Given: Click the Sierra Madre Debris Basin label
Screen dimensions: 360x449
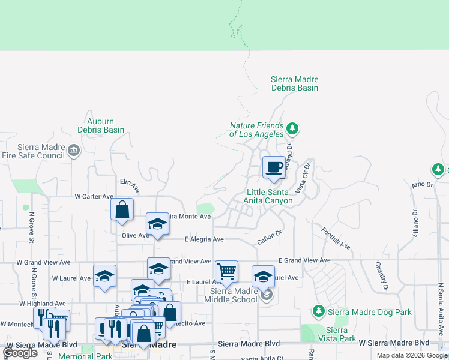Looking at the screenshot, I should (294, 83).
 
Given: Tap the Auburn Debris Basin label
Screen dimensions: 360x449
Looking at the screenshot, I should (101, 125).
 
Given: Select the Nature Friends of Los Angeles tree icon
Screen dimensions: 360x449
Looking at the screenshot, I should (292, 128).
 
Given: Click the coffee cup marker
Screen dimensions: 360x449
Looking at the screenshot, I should (274, 167).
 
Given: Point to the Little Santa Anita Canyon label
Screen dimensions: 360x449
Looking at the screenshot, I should (270, 196).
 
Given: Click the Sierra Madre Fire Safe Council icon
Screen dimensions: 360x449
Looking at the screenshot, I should (74, 149).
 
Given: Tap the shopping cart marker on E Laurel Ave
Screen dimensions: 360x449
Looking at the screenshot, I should (227, 271).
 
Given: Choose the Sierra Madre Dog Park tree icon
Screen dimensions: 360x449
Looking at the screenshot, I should (318, 311).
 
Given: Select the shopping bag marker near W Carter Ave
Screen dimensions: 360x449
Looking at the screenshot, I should (122, 209).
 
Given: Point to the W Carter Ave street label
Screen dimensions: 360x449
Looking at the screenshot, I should (94, 196).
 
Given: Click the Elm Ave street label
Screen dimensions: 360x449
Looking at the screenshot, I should (129, 185).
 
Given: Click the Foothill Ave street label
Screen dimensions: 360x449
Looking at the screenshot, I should (335, 238).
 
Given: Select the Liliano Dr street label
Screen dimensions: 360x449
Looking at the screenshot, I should (415, 221).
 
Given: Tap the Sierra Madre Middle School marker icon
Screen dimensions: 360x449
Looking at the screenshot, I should (268, 295).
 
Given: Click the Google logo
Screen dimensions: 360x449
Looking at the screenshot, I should (21, 353).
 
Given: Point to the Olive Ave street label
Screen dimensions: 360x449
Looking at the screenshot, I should (135, 236).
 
